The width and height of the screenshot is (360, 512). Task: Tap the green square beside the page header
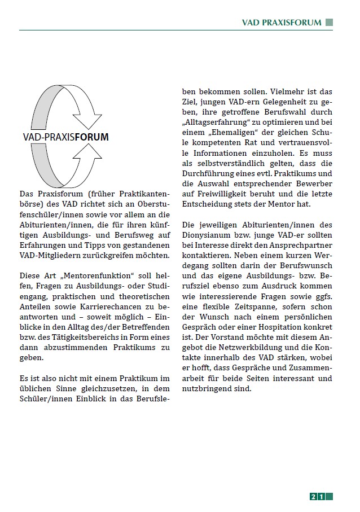tap(329, 23)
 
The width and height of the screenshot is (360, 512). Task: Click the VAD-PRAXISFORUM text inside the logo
tap(66, 137)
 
